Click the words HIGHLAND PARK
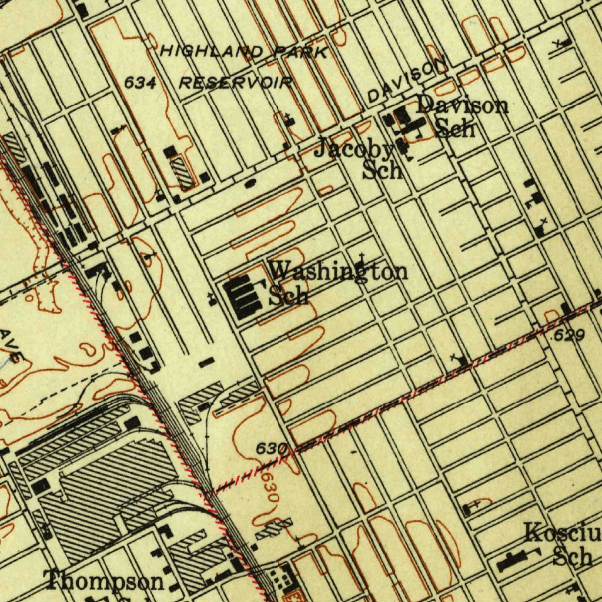244,52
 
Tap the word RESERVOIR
235,82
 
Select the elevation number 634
140,83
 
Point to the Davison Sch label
461,116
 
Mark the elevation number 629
569,335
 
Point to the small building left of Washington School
213,299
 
